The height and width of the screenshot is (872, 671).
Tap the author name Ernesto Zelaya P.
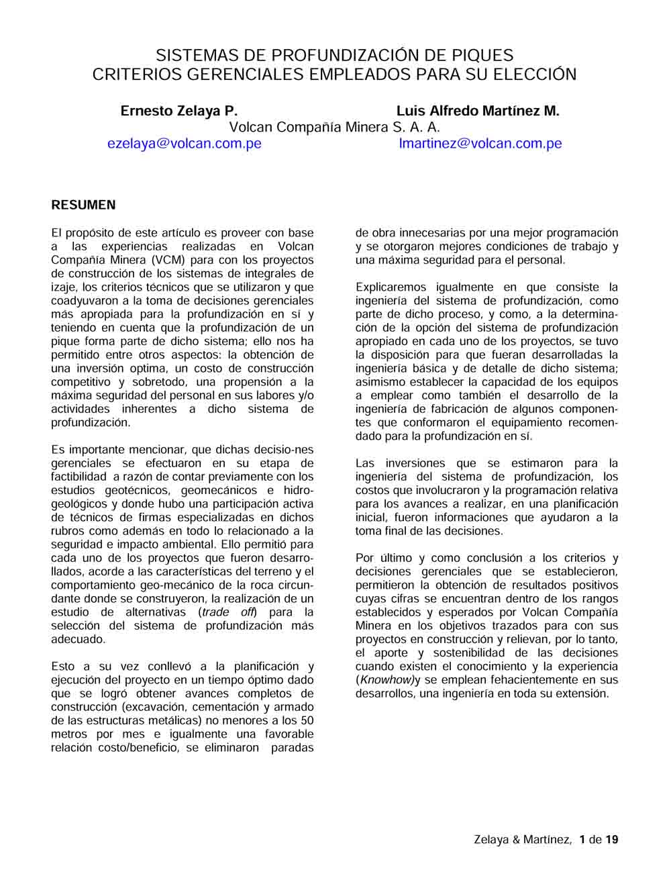(178, 111)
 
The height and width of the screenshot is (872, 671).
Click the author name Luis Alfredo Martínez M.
(478, 111)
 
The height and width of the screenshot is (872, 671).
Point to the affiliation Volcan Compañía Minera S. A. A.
(334, 128)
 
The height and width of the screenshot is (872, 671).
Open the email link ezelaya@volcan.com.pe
(185, 144)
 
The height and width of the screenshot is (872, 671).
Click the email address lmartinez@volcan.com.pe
(480, 144)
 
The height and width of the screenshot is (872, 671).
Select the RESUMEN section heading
(83, 205)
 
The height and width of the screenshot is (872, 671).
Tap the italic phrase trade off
(229, 612)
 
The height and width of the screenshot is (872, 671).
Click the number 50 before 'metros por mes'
(307, 721)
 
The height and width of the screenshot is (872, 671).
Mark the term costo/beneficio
(138, 748)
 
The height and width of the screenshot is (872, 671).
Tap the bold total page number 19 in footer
(612, 840)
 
